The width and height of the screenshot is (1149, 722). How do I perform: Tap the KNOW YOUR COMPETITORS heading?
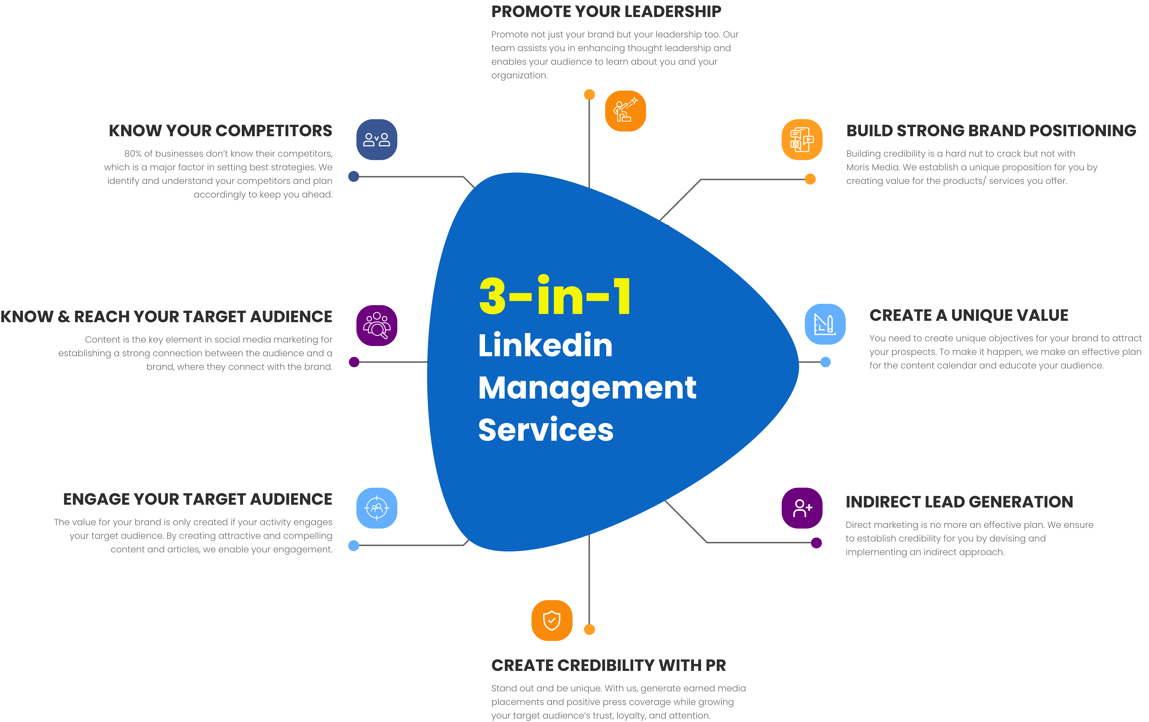[x=220, y=131]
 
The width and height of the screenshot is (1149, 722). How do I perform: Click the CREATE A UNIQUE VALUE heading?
[x=969, y=315]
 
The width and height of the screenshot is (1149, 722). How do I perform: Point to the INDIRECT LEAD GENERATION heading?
[x=959, y=502]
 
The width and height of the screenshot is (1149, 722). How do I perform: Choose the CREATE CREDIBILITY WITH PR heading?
[x=608, y=665]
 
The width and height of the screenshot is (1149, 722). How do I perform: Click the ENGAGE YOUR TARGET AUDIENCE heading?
[x=197, y=499]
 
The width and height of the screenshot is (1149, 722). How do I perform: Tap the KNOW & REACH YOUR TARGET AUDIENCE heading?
[x=166, y=317]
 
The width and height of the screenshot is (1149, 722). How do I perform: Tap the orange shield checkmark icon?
[x=552, y=620]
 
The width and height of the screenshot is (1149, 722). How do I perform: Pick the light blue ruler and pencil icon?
[x=825, y=324]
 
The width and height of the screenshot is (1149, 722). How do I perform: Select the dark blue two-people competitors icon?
[x=377, y=140]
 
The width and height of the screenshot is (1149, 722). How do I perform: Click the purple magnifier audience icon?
[x=377, y=326]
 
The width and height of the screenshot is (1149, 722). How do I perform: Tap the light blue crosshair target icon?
[x=377, y=508]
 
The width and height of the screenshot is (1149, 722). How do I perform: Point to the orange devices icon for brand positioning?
[x=802, y=140]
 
